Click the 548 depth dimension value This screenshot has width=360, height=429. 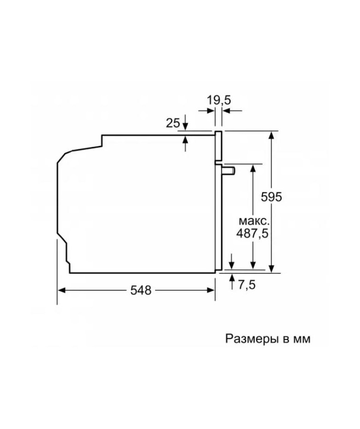(x=141, y=290)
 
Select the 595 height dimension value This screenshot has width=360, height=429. (x=271, y=197)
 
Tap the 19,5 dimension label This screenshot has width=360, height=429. (x=219, y=100)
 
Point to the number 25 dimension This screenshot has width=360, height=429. (x=173, y=123)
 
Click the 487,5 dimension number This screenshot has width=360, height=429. (x=252, y=234)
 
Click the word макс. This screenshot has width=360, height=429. (x=253, y=221)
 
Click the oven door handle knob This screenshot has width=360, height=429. (x=228, y=171)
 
